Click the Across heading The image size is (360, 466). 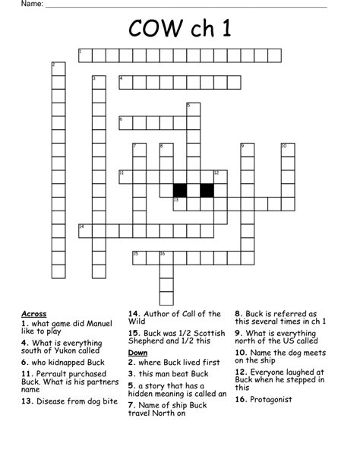(34, 313)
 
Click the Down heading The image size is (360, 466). (137, 353)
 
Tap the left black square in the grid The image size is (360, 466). (180, 190)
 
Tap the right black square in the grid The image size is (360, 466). (207, 190)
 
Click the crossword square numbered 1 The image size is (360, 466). (84, 55)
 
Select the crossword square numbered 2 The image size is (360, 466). (58, 68)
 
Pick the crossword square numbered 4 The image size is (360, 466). (125, 81)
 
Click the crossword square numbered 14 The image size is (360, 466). (84, 230)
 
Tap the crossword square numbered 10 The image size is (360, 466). (288, 150)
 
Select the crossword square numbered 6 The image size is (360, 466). (125, 122)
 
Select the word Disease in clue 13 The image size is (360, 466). (58, 401)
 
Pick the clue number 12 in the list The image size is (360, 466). (242, 372)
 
